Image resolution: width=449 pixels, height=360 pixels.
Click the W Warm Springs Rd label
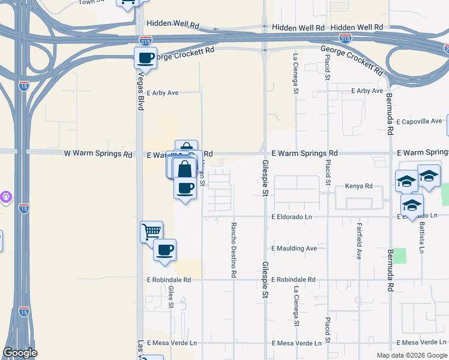(x=98, y=154)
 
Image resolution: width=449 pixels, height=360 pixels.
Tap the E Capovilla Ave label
(x=421, y=121)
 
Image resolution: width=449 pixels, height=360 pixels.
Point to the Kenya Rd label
(x=359, y=186)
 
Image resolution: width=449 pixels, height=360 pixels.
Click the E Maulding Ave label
(x=294, y=248)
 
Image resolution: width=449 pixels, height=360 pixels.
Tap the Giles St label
(x=171, y=296)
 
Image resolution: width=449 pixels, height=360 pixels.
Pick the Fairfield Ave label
(x=359, y=241)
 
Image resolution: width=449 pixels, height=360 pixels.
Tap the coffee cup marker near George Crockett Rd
(x=145, y=58)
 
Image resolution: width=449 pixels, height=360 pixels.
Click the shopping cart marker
(x=151, y=230)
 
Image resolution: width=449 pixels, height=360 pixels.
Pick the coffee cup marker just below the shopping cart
(x=164, y=250)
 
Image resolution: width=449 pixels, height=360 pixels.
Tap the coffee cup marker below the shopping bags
(x=185, y=188)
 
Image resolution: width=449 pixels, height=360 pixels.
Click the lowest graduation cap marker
(x=411, y=205)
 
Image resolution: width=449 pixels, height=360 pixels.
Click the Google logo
(x=20, y=353)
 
